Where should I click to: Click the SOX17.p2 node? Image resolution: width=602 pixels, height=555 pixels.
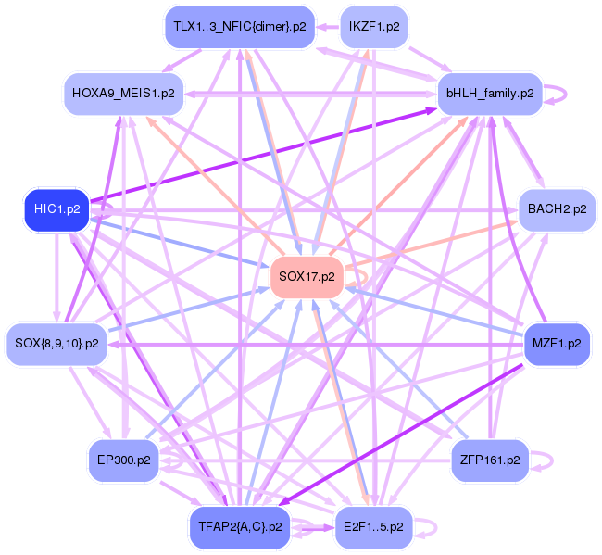(x=307, y=276)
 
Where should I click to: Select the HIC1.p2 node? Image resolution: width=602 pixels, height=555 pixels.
(x=56, y=209)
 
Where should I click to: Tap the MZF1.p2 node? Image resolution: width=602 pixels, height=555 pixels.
(x=557, y=344)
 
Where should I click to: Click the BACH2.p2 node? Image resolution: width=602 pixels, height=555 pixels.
(x=557, y=209)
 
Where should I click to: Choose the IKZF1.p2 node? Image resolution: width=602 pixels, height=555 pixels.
(x=374, y=27)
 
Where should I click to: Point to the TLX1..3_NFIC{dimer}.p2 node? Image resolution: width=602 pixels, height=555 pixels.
(x=240, y=27)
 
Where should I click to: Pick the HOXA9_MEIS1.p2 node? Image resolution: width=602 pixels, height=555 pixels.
(x=123, y=94)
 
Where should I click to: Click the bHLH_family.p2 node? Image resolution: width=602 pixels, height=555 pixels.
(x=490, y=94)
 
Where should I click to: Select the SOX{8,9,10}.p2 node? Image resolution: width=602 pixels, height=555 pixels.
(x=56, y=344)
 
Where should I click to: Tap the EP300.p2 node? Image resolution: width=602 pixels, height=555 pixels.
(x=123, y=460)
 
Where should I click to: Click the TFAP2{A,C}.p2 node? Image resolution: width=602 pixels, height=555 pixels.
(x=240, y=527)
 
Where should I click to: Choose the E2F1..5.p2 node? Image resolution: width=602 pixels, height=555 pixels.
(x=373, y=527)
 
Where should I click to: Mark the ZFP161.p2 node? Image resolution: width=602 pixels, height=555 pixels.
(x=490, y=460)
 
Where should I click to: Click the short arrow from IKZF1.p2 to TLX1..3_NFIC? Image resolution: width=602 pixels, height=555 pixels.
(x=328, y=27)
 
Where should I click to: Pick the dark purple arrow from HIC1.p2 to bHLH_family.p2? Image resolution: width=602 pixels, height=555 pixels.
(x=263, y=155)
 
